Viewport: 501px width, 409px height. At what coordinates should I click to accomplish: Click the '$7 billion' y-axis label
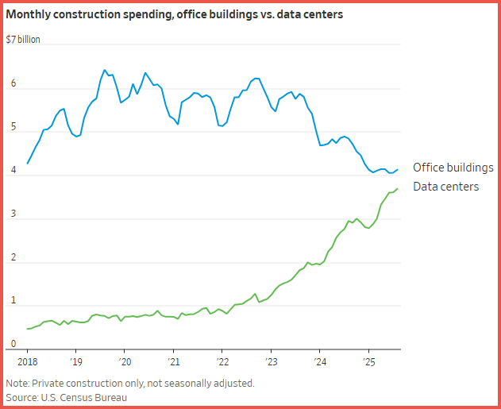tap(23, 39)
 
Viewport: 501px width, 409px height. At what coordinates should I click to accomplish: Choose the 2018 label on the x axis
tap(27, 361)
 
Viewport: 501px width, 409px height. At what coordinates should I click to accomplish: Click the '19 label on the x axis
tap(76, 361)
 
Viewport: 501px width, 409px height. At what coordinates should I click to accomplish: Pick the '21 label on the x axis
tap(173, 361)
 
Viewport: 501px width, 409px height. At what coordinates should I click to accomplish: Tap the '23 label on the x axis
tap(271, 361)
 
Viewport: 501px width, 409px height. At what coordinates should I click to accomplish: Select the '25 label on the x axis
tap(368, 361)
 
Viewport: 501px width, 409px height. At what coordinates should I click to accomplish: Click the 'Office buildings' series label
tap(453, 168)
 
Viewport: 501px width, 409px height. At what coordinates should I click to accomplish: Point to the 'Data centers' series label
tap(445, 187)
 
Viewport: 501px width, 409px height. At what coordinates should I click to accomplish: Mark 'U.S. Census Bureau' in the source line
tap(85, 396)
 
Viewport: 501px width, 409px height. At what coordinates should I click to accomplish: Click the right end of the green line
tap(398, 188)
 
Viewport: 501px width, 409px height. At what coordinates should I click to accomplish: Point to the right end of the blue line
tap(398, 168)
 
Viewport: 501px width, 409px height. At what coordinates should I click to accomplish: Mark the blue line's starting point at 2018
tap(28, 164)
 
